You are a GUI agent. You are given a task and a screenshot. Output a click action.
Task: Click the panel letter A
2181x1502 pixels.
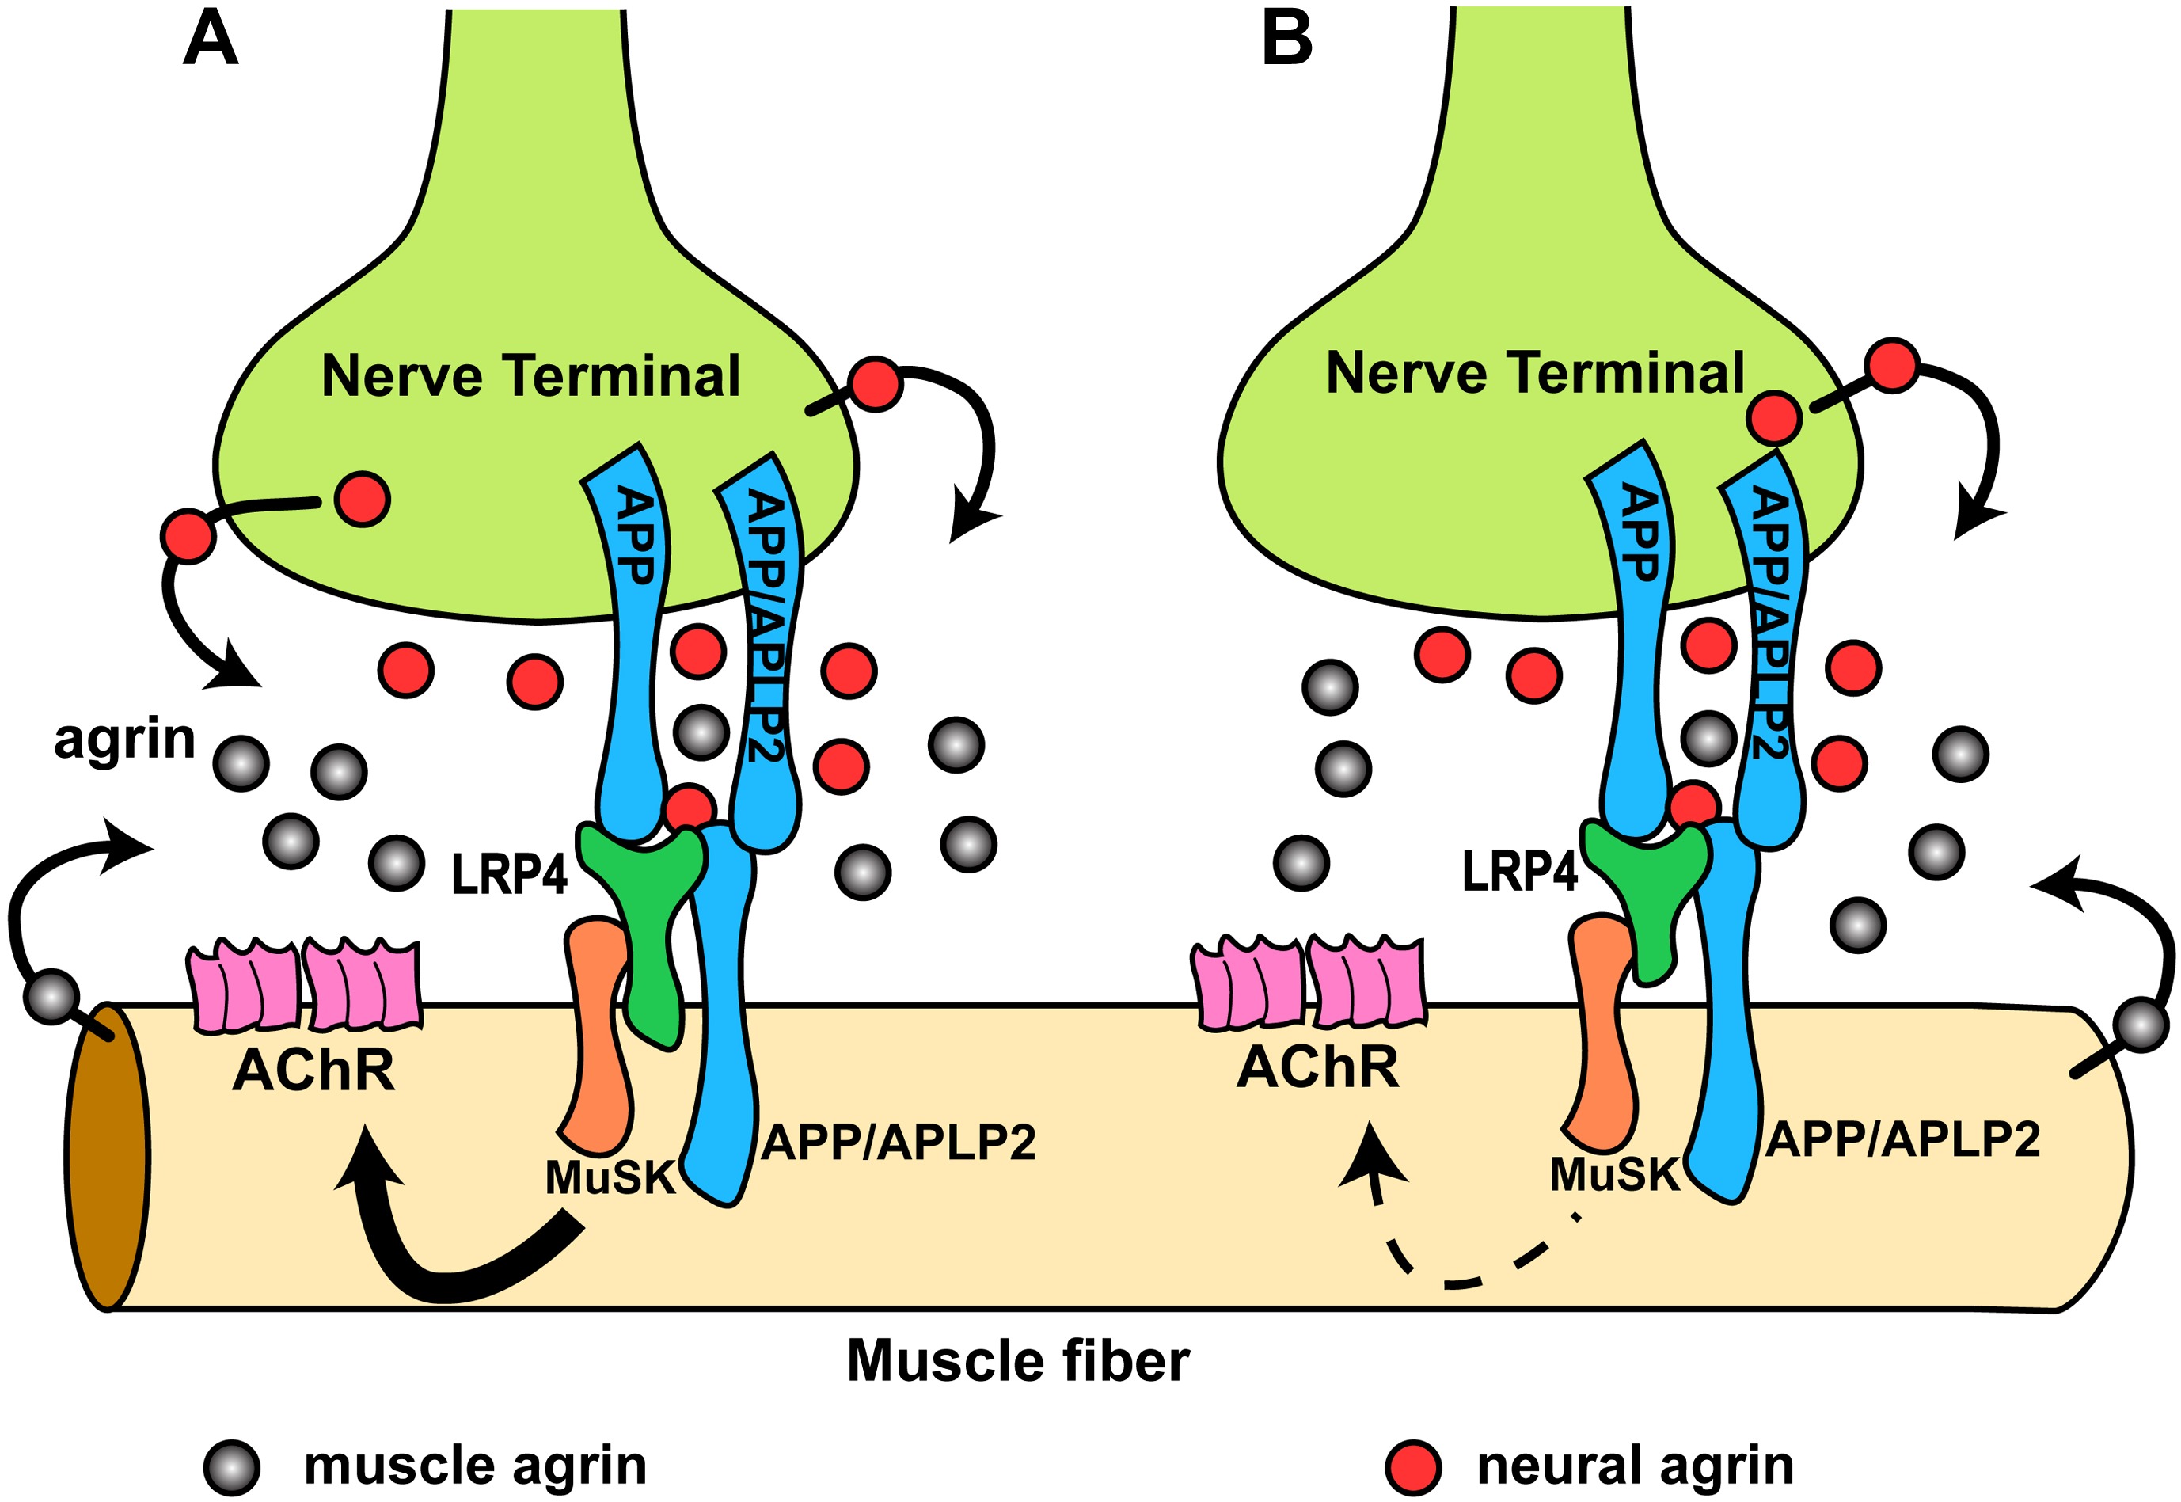coord(210,41)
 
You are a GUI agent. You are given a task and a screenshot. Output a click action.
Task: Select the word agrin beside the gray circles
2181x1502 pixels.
coord(124,740)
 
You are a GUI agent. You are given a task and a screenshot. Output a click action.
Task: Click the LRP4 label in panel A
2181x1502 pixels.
coord(509,875)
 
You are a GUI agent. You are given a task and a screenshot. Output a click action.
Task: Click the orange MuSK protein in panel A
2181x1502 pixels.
coord(595,1035)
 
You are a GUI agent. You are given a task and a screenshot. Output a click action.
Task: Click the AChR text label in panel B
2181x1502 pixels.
coord(1317,1068)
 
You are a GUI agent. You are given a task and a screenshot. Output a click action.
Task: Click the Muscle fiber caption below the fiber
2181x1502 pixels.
coord(1018,1362)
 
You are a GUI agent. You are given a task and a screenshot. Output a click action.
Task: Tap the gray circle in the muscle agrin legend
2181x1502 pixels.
coord(231,1467)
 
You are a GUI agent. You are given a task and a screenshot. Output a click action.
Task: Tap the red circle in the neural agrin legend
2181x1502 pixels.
coord(1413,1467)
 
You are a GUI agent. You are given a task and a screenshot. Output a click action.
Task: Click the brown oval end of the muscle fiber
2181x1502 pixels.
coord(107,1158)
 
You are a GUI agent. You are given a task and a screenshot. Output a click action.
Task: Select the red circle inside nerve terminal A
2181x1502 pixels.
coord(363,500)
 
